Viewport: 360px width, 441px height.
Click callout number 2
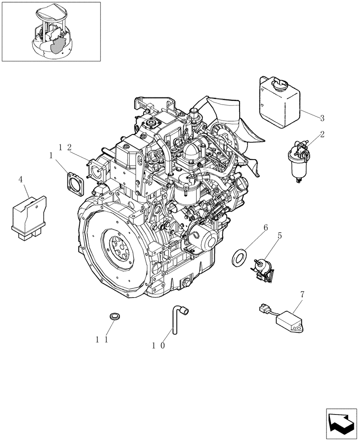[322, 135]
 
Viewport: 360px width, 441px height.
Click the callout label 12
[65, 148]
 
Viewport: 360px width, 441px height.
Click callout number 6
[266, 228]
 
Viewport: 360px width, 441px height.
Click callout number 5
[279, 237]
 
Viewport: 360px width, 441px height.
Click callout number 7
[302, 293]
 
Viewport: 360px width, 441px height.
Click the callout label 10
[158, 346]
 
